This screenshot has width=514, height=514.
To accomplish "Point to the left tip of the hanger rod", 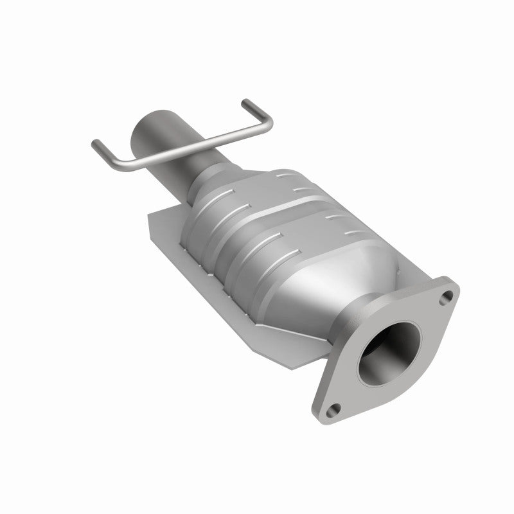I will click(96, 143).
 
